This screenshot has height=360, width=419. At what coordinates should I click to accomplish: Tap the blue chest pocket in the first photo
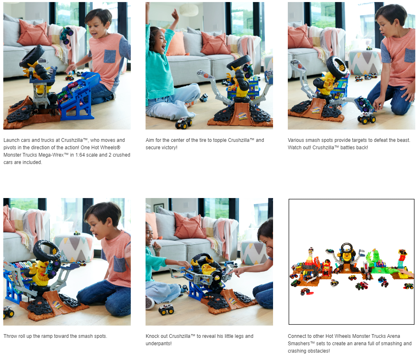109,57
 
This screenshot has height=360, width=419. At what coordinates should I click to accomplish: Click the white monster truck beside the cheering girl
184,123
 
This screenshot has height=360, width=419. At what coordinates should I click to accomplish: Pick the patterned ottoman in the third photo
365,62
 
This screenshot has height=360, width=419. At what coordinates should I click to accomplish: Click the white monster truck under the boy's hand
367,118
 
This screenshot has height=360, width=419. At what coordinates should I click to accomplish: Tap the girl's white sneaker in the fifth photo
150,303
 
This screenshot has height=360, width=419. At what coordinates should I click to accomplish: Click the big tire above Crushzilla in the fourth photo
47,250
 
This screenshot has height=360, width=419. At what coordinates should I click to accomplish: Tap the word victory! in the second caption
169,148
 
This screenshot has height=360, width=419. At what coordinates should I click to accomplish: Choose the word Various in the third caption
296,140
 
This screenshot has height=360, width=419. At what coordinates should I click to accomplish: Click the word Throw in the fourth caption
10,336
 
